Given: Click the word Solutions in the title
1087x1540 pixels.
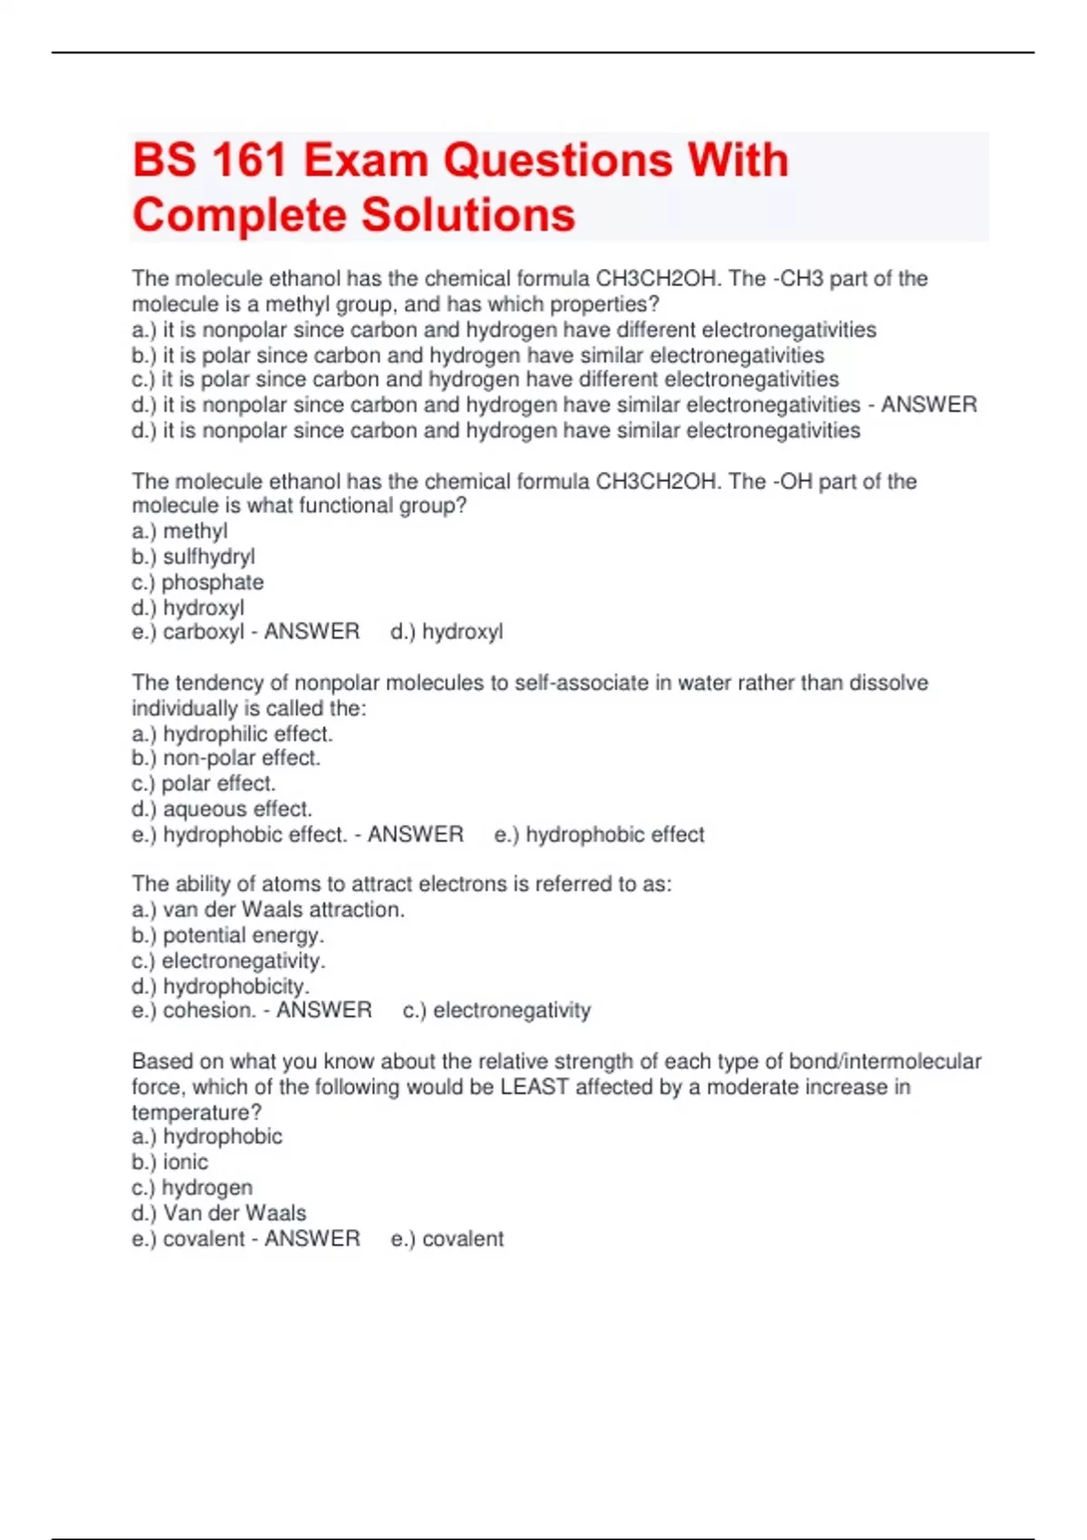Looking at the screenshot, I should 468,216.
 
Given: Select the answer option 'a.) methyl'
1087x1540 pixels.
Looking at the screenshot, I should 179,531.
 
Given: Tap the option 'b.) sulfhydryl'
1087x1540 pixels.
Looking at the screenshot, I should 193,556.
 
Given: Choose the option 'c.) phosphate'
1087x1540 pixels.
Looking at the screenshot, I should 197,582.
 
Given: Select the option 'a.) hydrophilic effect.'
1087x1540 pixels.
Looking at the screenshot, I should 232,734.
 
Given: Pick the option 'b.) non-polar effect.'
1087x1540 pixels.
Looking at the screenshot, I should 226,758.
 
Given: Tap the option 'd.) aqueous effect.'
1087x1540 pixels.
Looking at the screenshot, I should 221,809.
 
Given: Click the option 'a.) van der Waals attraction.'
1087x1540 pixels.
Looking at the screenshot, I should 268,910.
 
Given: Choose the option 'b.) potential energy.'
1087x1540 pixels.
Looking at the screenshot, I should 227,935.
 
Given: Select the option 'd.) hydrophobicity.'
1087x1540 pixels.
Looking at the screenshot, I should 220,986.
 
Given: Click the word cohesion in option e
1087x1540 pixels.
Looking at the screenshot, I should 208,1010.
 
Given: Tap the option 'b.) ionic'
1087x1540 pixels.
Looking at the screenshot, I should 169,1162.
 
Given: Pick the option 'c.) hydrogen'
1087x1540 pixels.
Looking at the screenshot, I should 192,1188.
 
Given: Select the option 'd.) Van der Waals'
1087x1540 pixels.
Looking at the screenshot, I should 218,1213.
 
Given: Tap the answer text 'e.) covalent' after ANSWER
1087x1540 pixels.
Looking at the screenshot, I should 447,1238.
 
